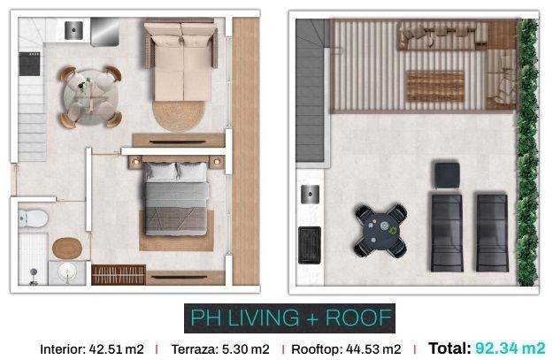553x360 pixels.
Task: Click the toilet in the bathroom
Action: coord(33,218)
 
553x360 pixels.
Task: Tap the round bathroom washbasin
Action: coord(67,272)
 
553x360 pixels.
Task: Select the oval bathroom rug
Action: coord(67,249)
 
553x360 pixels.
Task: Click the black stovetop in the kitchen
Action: coord(29,64)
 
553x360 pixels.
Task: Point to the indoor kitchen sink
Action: coord(73,30)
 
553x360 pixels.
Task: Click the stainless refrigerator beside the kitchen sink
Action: coord(104,32)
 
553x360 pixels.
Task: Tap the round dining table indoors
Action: coord(91,97)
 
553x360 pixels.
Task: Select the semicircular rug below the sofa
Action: coord(179,116)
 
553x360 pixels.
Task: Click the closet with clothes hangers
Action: coord(119,275)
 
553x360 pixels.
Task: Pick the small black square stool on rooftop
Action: coord(447,175)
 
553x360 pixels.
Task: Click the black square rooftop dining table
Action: coord(380,231)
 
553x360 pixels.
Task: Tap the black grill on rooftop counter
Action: coord(310,245)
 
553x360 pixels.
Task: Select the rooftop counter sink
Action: coord(310,195)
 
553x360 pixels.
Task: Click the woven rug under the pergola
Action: coord(435,87)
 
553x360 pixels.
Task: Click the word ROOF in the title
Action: coord(358,318)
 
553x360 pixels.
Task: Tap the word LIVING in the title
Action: coord(264,318)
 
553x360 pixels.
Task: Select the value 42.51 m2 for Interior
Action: coord(117,349)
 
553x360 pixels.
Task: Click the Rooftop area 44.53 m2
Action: coord(373,349)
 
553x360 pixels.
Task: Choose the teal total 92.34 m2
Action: coord(511,349)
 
